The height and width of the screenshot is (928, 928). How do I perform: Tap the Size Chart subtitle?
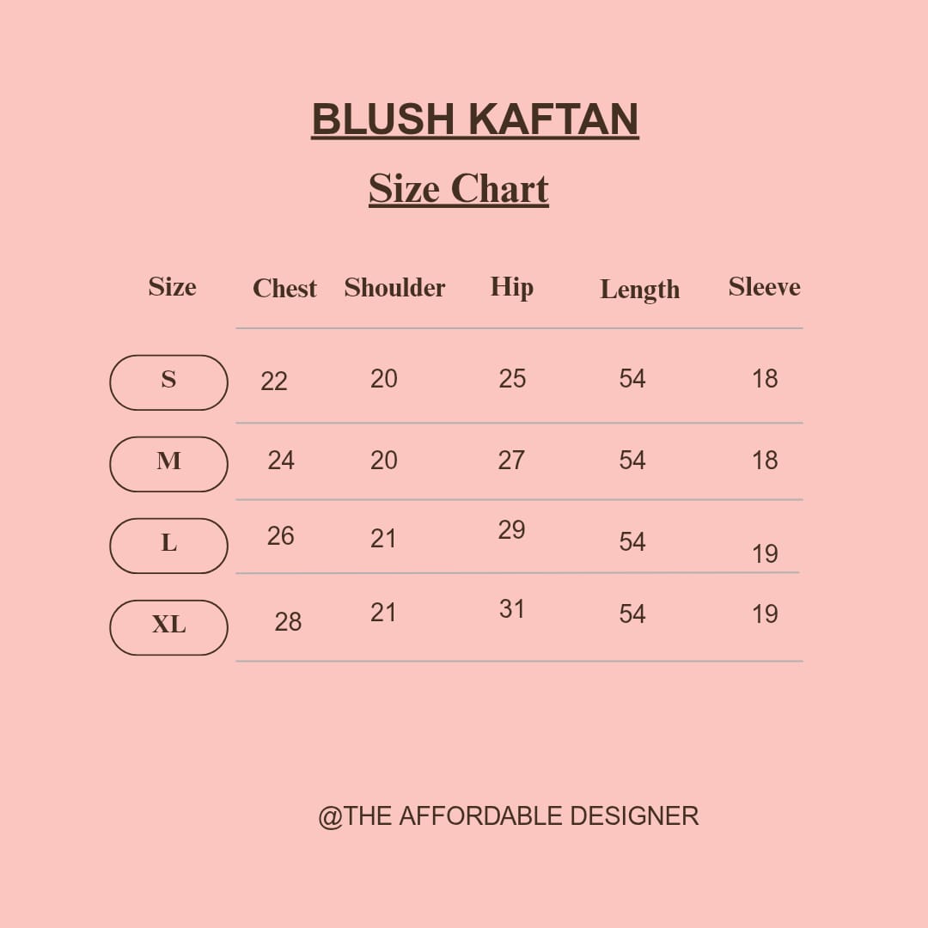459,189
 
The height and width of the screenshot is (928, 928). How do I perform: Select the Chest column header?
284,288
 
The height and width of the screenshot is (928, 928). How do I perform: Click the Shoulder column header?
394,287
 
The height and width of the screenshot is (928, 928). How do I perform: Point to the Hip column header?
512,288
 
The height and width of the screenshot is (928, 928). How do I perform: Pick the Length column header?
640,290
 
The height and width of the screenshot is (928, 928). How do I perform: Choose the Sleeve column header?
764,286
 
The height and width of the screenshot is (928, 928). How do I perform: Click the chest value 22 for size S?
274,382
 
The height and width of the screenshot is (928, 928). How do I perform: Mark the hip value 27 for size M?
511,460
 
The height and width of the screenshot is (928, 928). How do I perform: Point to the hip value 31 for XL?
512,609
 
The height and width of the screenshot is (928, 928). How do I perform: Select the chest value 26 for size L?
280,535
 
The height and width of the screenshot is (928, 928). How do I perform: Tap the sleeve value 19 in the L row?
765,554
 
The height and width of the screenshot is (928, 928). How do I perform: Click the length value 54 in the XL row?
632,614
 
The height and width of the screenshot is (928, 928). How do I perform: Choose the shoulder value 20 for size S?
383,379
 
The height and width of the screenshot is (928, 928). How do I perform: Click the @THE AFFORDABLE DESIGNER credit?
509,816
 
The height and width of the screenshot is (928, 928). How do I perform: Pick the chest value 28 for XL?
288,622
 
